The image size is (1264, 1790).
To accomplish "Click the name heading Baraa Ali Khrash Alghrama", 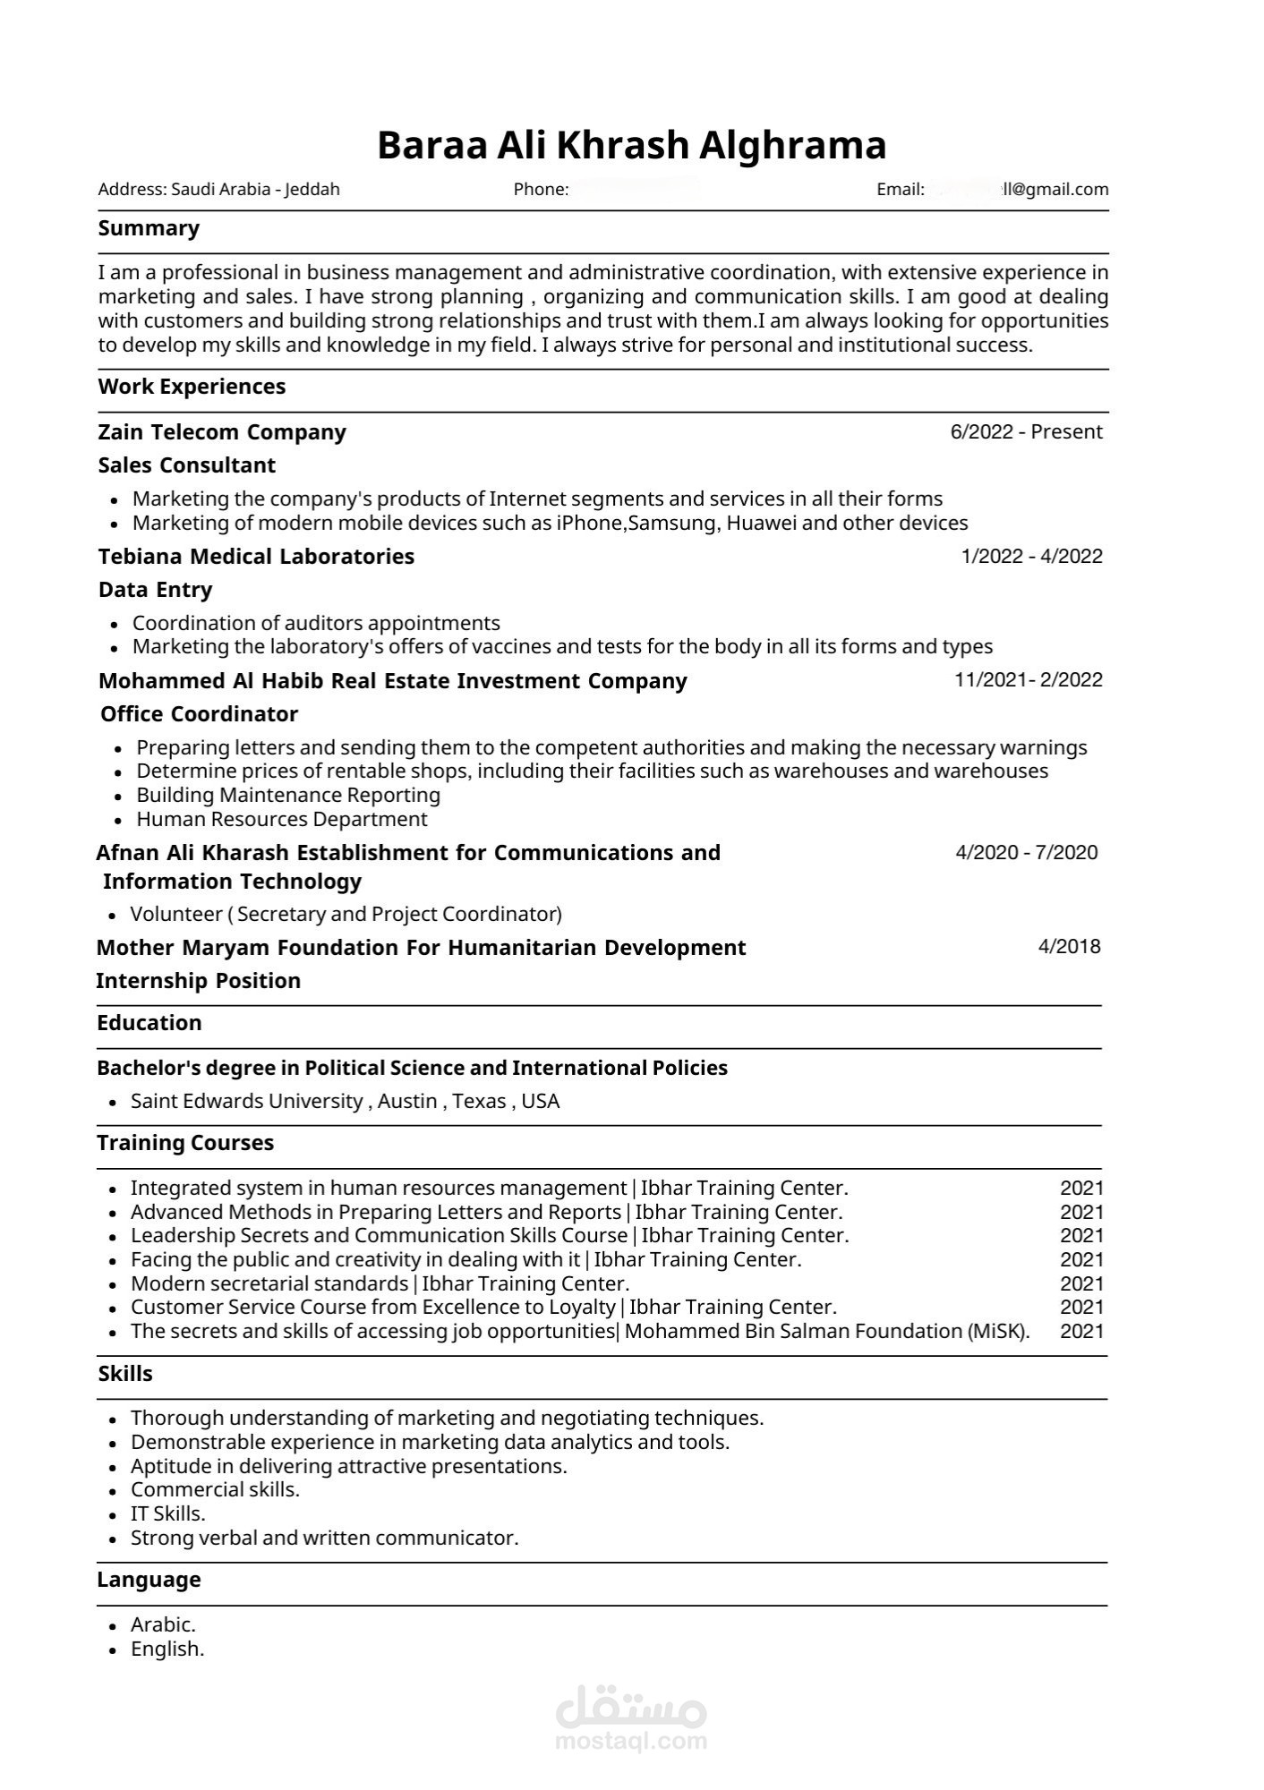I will pos(631,145).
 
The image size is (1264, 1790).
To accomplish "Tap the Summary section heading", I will pos(149,228).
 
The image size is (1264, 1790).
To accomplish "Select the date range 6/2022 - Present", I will pos(1026,431).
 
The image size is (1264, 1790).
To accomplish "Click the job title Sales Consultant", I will pos(186,465).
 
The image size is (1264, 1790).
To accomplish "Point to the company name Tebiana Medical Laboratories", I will pos(256,557).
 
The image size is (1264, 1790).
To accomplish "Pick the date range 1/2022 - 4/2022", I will pos(1031,556).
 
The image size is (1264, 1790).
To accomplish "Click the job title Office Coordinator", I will pos(199,714).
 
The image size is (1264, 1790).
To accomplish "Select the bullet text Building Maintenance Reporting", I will pos(287,795).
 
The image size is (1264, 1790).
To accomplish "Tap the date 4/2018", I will pos(1069,946).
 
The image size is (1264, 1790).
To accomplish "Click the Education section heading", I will pos(149,1023).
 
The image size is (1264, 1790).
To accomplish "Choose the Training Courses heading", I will pos(185,1143).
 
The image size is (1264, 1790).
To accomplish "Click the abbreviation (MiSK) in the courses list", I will pos(997,1331).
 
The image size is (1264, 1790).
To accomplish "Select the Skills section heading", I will pos(125,1374).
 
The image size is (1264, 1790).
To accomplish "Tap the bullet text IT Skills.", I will pos(167,1513).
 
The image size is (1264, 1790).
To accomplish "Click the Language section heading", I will pos(149,1580).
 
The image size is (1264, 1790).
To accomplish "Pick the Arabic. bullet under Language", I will pos(163,1624).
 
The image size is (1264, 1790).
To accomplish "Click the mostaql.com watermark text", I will pos(631,1741).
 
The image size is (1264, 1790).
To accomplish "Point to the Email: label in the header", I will pos(900,189).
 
